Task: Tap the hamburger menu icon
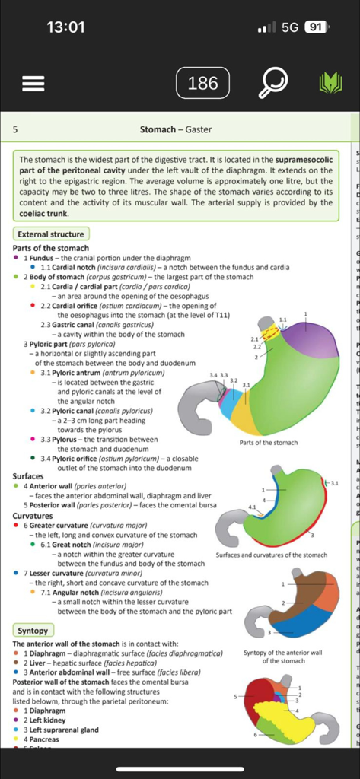[x=33, y=83]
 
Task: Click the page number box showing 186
[x=202, y=83]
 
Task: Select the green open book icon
[x=330, y=83]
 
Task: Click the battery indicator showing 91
[x=316, y=27]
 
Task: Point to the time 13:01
[x=65, y=27]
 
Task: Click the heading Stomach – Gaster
[x=176, y=130]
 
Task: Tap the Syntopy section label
[x=33, y=630]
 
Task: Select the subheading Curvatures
[x=33, y=515]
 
